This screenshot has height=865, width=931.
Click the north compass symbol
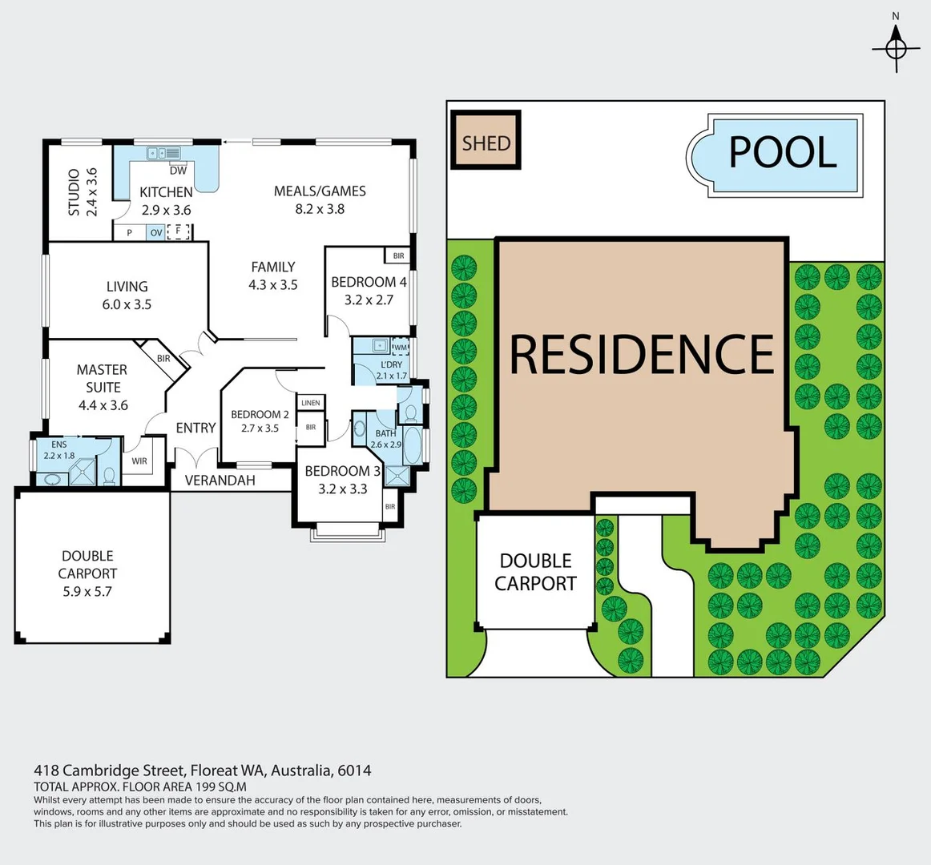(896, 48)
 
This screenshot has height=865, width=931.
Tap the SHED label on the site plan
(486, 143)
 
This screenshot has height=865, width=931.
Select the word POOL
(782, 152)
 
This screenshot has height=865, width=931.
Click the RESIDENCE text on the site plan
(642, 354)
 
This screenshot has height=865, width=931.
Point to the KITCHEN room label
(166, 192)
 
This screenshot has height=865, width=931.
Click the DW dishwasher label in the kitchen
(178, 171)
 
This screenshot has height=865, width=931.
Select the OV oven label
(156, 233)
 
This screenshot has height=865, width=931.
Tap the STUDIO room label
(73, 192)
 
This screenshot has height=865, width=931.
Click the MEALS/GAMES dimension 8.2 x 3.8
(320, 209)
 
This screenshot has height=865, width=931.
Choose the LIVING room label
(127, 286)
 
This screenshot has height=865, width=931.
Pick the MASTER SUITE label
(103, 378)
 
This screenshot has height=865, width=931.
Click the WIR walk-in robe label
(139, 461)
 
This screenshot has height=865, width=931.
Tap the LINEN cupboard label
(311, 403)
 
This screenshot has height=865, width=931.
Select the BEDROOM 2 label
(260, 414)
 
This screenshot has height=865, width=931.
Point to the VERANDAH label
(220, 481)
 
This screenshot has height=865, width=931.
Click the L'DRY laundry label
(392, 365)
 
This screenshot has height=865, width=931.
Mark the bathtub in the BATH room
(412, 447)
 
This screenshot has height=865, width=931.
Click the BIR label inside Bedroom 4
(398, 256)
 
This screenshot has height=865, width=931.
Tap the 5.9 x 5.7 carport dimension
(87, 592)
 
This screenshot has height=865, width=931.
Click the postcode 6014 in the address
(354, 770)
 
